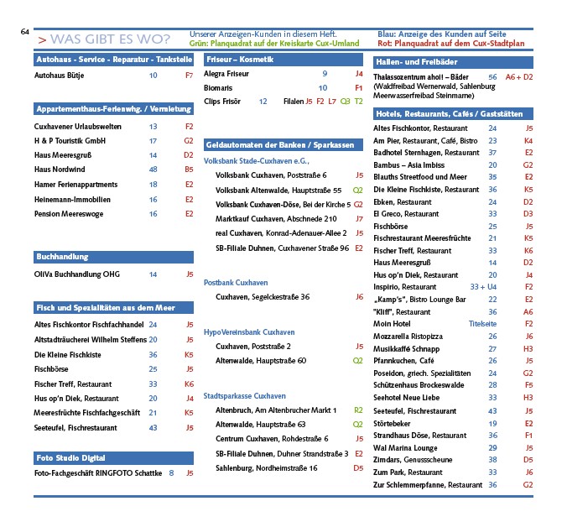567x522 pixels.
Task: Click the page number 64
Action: (x=25, y=32)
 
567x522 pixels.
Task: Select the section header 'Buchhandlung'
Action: (x=62, y=256)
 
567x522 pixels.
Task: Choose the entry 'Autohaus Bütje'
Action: (x=59, y=76)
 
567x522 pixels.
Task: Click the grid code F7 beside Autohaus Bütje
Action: (x=189, y=76)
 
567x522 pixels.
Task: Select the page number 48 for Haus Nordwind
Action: (x=153, y=170)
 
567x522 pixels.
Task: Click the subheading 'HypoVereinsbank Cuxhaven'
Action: (x=249, y=332)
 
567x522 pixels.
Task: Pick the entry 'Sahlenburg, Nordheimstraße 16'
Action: (x=266, y=467)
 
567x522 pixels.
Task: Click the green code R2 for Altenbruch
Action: (x=358, y=410)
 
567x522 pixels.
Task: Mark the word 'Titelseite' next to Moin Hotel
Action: (x=482, y=323)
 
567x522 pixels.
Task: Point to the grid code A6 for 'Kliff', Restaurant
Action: (x=528, y=311)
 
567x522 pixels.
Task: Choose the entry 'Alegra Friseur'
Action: (x=226, y=74)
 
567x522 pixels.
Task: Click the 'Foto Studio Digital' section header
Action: (x=70, y=457)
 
